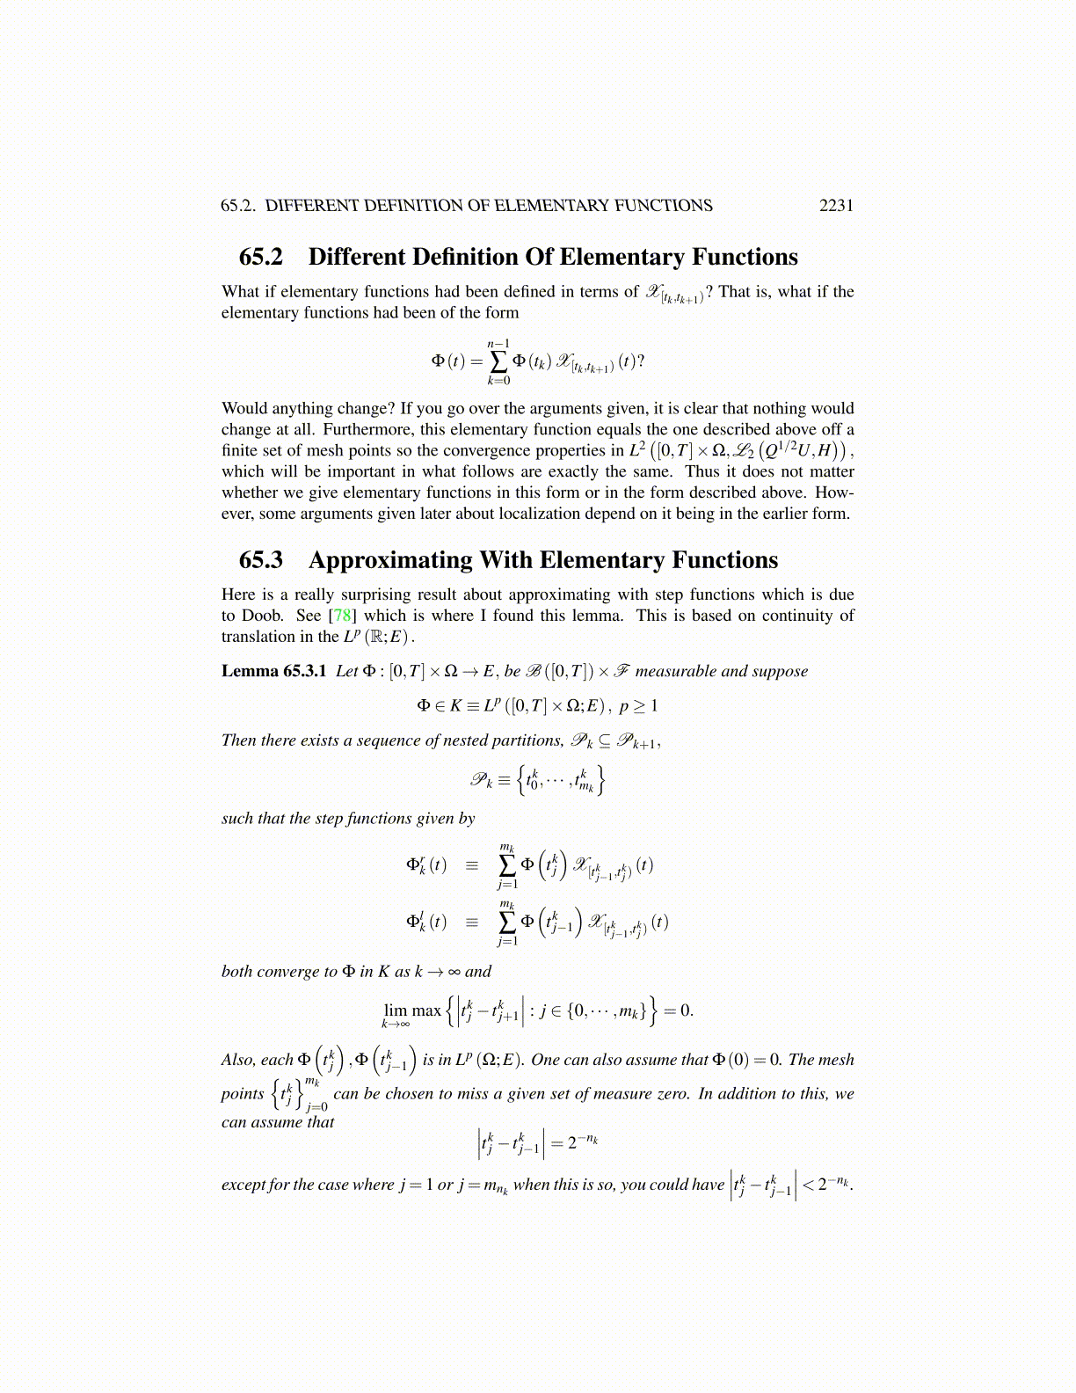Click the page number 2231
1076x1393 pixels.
point(836,206)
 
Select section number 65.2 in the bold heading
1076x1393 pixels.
point(261,257)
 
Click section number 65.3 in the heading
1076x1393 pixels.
point(261,560)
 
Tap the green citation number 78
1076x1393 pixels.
point(342,616)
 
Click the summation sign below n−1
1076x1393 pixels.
point(498,361)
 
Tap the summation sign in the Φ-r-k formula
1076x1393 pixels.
point(507,865)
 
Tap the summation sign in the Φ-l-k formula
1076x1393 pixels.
point(507,922)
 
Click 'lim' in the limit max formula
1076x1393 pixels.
point(396,1010)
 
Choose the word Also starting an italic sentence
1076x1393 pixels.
point(238,1061)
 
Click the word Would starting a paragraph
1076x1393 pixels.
point(244,408)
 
